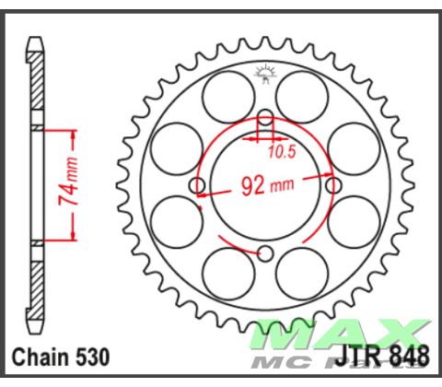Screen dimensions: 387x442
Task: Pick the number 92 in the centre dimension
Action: pyautogui.click(x=253, y=186)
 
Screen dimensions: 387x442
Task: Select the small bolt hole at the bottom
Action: pyautogui.click(x=265, y=253)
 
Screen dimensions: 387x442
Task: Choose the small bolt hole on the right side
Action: pyautogui.click(x=331, y=186)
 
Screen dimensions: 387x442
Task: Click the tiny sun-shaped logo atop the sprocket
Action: pyautogui.click(x=265, y=70)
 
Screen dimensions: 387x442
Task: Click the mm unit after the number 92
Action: pyautogui.click(x=282, y=187)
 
